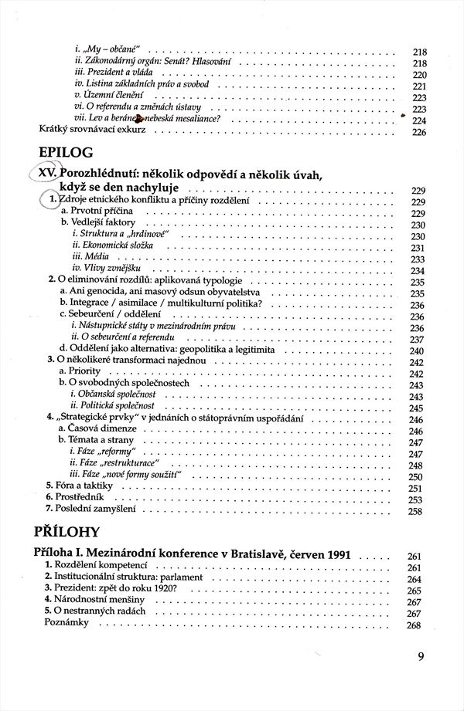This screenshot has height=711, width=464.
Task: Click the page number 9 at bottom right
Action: point(421,657)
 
